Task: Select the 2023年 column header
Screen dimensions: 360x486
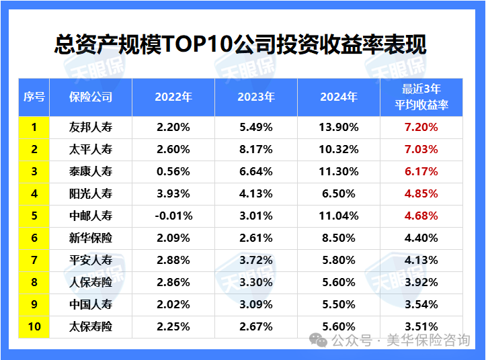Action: pos(256,97)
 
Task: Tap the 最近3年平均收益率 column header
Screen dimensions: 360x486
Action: pos(421,97)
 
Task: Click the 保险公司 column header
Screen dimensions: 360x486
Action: pos(91,97)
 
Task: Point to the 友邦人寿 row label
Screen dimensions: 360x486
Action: pos(91,127)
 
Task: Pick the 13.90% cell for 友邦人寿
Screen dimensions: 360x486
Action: pos(339,127)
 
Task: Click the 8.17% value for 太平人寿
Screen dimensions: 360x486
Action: pos(256,149)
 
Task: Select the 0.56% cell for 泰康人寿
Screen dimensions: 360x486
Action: pos(173,171)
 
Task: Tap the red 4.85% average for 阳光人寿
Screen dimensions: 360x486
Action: pos(421,193)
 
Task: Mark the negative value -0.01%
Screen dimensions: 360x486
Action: pos(173,216)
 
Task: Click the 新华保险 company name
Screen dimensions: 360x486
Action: pos(91,238)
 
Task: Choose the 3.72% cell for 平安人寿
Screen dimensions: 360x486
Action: pos(256,260)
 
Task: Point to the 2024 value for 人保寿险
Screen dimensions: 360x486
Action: pos(339,282)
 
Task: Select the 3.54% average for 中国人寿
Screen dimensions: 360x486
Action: pos(421,304)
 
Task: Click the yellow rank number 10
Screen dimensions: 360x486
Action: pos(34,326)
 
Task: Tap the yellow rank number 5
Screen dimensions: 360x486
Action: pos(34,216)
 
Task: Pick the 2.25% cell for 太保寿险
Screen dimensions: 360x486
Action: pos(173,326)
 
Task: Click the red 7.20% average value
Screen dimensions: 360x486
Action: pos(421,127)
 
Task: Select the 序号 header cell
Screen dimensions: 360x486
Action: pos(34,97)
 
